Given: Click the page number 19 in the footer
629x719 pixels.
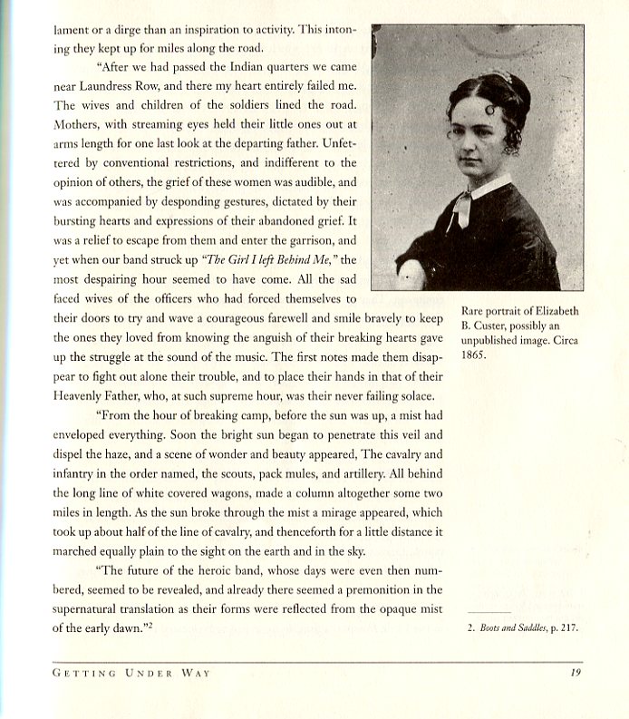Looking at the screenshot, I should pos(575,672).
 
